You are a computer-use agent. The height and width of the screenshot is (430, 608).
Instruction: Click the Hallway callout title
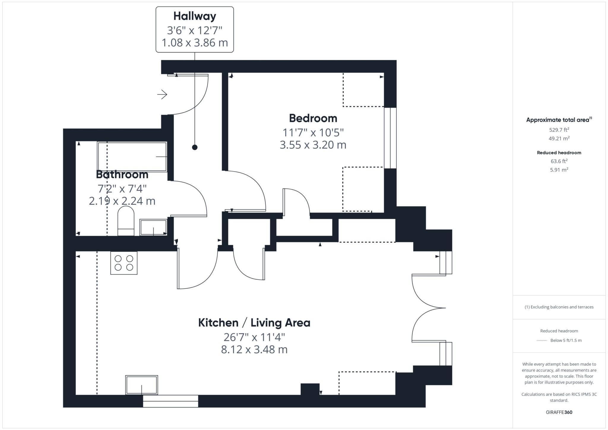click(194, 16)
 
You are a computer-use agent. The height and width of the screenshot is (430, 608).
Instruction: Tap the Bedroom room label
click(313, 118)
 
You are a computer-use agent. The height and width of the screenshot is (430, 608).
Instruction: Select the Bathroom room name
click(122, 174)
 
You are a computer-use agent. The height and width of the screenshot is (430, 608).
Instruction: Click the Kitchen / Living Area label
click(254, 323)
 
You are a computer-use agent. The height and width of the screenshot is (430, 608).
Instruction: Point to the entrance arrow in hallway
click(162, 94)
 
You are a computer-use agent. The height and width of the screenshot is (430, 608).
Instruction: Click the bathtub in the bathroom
click(132, 157)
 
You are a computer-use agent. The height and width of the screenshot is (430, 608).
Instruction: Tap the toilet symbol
click(126, 221)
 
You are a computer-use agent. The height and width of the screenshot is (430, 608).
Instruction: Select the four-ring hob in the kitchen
click(124, 263)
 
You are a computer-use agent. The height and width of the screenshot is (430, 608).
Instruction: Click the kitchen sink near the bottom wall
click(142, 385)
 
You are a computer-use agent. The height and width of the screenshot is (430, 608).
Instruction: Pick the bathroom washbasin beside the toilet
click(153, 227)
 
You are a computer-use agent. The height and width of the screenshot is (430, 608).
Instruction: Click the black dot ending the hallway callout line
click(195, 147)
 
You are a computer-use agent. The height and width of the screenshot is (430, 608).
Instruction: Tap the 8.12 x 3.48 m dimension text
click(254, 350)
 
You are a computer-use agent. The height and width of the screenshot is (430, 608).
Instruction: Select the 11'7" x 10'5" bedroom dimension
click(313, 132)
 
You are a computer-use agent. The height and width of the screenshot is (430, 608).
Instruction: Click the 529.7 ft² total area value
click(559, 130)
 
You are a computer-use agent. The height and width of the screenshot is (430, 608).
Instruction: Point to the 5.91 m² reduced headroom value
click(559, 170)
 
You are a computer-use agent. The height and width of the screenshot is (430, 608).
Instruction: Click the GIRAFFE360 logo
click(559, 412)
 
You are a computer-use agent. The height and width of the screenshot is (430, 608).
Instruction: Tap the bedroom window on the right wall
click(390, 138)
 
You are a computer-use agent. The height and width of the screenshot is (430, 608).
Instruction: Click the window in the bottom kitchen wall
click(170, 401)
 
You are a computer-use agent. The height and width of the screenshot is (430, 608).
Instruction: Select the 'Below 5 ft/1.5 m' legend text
click(566, 340)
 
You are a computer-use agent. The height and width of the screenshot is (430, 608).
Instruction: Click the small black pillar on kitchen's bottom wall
click(310, 389)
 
